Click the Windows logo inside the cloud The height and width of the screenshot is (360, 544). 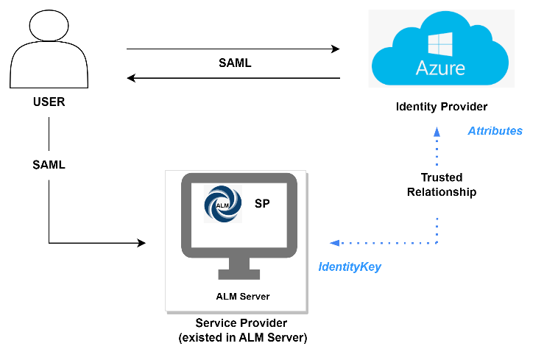(441, 46)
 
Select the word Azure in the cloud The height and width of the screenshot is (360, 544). (440, 68)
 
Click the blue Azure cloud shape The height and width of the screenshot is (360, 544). (398, 59)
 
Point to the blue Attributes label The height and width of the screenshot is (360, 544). (495, 131)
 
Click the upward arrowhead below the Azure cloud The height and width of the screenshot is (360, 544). (437, 132)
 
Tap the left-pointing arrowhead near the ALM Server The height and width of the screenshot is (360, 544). (334, 243)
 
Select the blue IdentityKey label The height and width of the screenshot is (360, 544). (350, 267)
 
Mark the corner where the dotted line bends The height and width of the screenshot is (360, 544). (437, 242)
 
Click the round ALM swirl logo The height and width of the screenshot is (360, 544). (222, 203)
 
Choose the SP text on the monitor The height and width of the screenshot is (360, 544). (262, 203)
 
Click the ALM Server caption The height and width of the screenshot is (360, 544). (242, 297)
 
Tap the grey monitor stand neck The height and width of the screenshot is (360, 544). (239, 263)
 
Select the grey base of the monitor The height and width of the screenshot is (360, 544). (239, 275)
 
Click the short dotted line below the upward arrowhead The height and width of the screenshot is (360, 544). (437, 153)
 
